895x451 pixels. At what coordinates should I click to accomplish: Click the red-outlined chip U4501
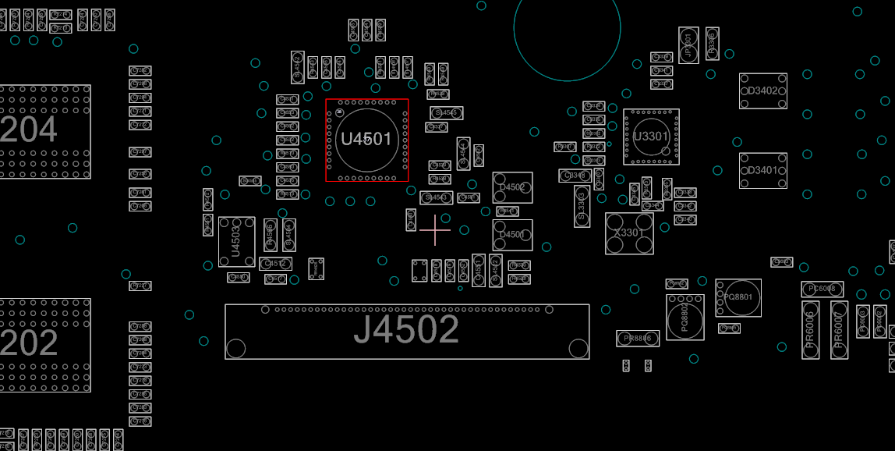(x=366, y=140)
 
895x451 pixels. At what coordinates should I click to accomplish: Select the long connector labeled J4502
(x=407, y=332)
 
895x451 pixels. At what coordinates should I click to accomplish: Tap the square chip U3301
(x=651, y=137)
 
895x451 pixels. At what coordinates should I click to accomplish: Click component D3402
(x=762, y=91)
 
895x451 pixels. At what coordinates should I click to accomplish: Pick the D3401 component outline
(x=762, y=171)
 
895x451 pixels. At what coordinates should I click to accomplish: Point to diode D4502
(x=512, y=188)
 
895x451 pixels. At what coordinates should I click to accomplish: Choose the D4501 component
(x=512, y=235)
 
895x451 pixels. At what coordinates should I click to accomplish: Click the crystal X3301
(x=629, y=233)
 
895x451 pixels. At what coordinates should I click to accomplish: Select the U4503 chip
(x=237, y=242)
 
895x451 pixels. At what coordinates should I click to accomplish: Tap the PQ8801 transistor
(x=738, y=297)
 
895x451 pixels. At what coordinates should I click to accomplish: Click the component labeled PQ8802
(x=685, y=317)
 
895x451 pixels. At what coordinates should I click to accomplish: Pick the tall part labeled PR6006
(x=811, y=330)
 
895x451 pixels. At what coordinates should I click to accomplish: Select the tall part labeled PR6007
(x=839, y=330)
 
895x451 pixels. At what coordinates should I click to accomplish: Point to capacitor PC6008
(x=822, y=289)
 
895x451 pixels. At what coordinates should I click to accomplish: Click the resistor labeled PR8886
(x=638, y=338)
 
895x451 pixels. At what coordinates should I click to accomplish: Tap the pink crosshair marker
(x=435, y=230)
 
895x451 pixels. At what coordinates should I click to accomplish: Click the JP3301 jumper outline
(x=688, y=45)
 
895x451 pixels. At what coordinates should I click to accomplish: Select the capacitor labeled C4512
(x=275, y=264)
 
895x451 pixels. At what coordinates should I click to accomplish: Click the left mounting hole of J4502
(x=236, y=348)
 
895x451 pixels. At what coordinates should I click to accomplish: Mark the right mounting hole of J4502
(x=578, y=348)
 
